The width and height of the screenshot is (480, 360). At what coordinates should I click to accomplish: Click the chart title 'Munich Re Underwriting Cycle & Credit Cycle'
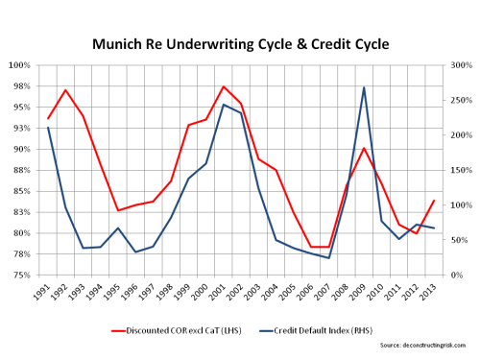click(239, 44)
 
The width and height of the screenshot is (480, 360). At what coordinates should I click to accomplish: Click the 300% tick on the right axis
click(459, 65)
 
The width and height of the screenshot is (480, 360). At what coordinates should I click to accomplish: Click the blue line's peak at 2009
click(364, 87)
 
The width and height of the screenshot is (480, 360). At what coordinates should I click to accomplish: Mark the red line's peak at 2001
click(224, 86)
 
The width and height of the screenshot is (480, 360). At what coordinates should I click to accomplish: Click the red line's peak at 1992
click(65, 90)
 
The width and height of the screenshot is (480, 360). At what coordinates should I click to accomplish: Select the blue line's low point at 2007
click(329, 258)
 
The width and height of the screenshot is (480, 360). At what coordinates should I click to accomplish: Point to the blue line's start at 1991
click(48, 128)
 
